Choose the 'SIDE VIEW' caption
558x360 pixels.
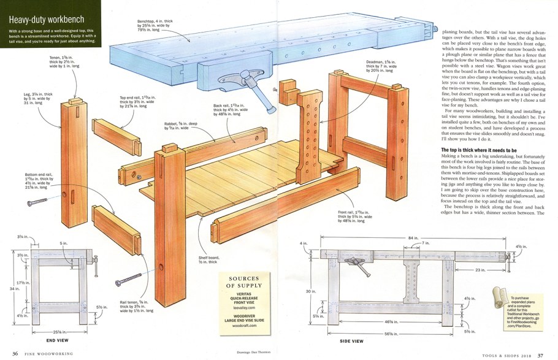pyautogui.click(x=351, y=340)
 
